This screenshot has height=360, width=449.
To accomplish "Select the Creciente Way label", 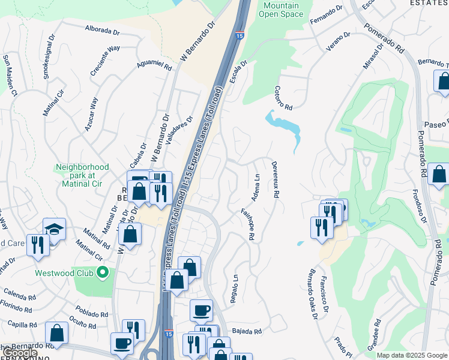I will pyautogui.click(x=105, y=57).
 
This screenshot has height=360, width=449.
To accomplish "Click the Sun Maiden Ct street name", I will pyautogui.click(x=10, y=75).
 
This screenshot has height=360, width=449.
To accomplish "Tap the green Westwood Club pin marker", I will pyautogui.click(x=103, y=273).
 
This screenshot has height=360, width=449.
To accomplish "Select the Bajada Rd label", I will pyautogui.click(x=247, y=331).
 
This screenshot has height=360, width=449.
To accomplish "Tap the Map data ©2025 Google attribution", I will pyautogui.click(x=412, y=355).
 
